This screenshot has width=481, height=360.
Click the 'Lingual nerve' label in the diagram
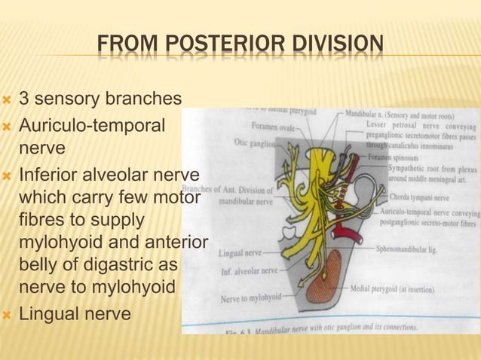click(x=240, y=253)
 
